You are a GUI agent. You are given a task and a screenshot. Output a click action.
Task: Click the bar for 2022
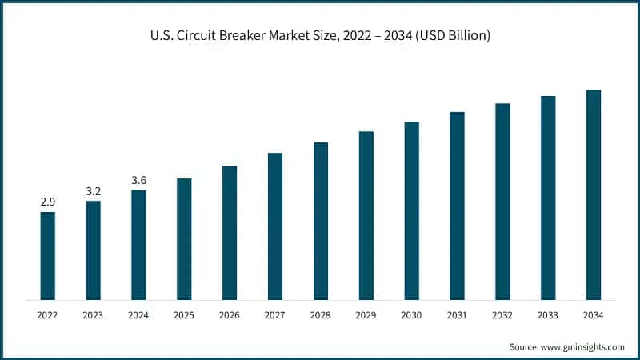point(47,256)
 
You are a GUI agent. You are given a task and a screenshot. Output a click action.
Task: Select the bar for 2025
point(184,239)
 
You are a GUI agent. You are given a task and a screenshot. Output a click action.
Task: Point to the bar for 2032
point(502,202)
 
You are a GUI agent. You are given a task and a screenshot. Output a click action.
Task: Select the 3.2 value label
point(93,192)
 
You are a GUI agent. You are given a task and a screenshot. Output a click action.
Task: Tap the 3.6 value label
point(138,181)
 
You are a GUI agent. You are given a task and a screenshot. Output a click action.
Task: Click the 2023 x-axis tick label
point(93,316)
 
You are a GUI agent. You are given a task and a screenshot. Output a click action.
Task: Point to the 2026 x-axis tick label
point(230,316)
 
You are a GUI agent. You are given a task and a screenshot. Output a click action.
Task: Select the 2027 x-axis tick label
point(275,316)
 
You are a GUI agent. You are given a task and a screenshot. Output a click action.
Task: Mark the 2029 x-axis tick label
point(366,316)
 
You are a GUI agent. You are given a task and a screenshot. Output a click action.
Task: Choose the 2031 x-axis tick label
point(457,316)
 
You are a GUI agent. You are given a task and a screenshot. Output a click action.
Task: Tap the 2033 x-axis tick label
point(548,316)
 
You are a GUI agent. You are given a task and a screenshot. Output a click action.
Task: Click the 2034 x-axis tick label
point(594,316)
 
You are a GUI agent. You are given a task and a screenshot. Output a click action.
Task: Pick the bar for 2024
point(138,245)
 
